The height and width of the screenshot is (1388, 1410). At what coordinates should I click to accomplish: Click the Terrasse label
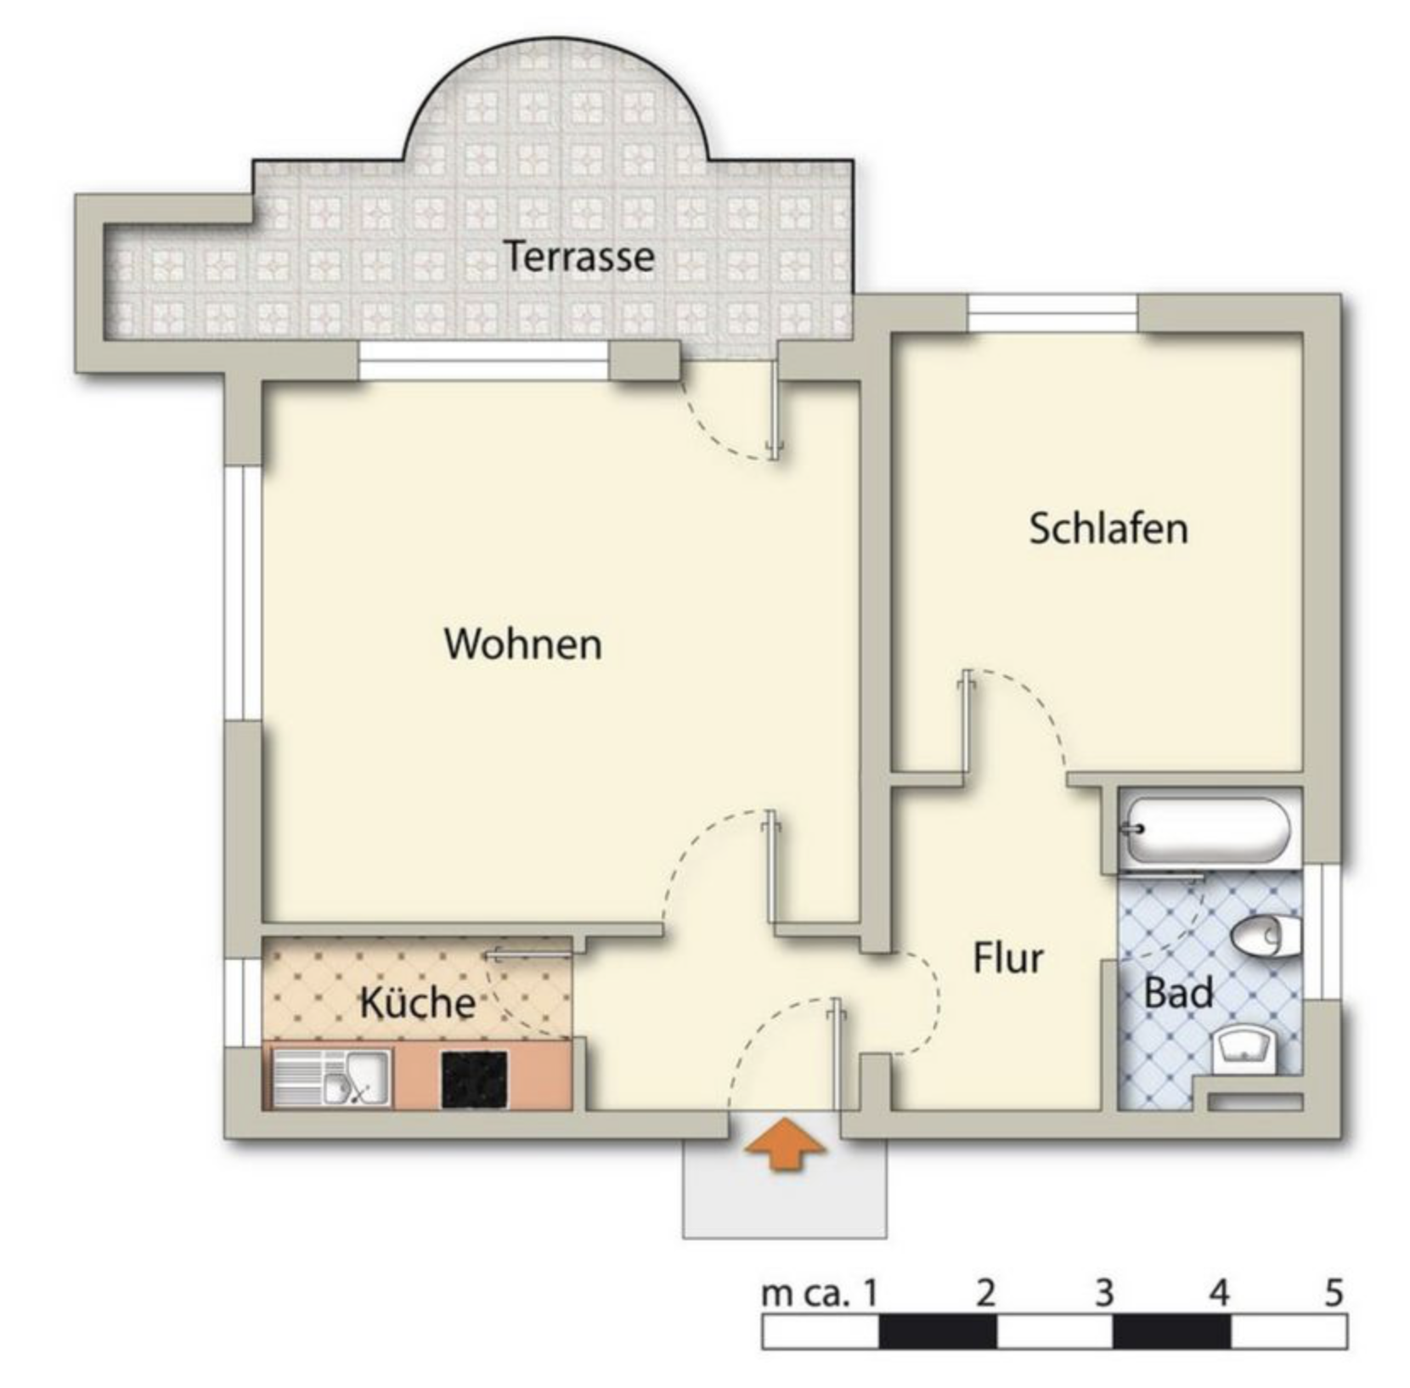(578, 256)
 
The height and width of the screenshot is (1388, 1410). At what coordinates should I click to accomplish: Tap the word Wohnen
(523, 644)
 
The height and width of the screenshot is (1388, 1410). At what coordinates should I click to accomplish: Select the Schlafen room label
(1108, 528)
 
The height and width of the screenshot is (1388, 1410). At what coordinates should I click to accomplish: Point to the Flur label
(1008, 958)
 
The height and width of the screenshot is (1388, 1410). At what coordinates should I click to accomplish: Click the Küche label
(417, 1002)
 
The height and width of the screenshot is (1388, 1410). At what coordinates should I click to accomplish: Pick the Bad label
(1178, 992)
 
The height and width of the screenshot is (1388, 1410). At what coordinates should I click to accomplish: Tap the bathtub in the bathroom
(1207, 829)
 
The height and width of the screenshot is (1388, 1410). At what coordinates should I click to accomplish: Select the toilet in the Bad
(1266, 936)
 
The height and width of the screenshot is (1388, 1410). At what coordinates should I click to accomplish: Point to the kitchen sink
(332, 1079)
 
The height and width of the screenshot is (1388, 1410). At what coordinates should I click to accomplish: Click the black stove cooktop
(475, 1079)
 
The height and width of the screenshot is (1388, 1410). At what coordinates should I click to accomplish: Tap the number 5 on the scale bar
(1334, 1293)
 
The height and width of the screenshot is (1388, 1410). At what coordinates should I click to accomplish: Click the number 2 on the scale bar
(985, 1293)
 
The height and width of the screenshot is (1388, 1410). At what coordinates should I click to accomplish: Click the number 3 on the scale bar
(1103, 1293)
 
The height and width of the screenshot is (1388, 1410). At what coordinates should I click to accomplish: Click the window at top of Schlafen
(1052, 313)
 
